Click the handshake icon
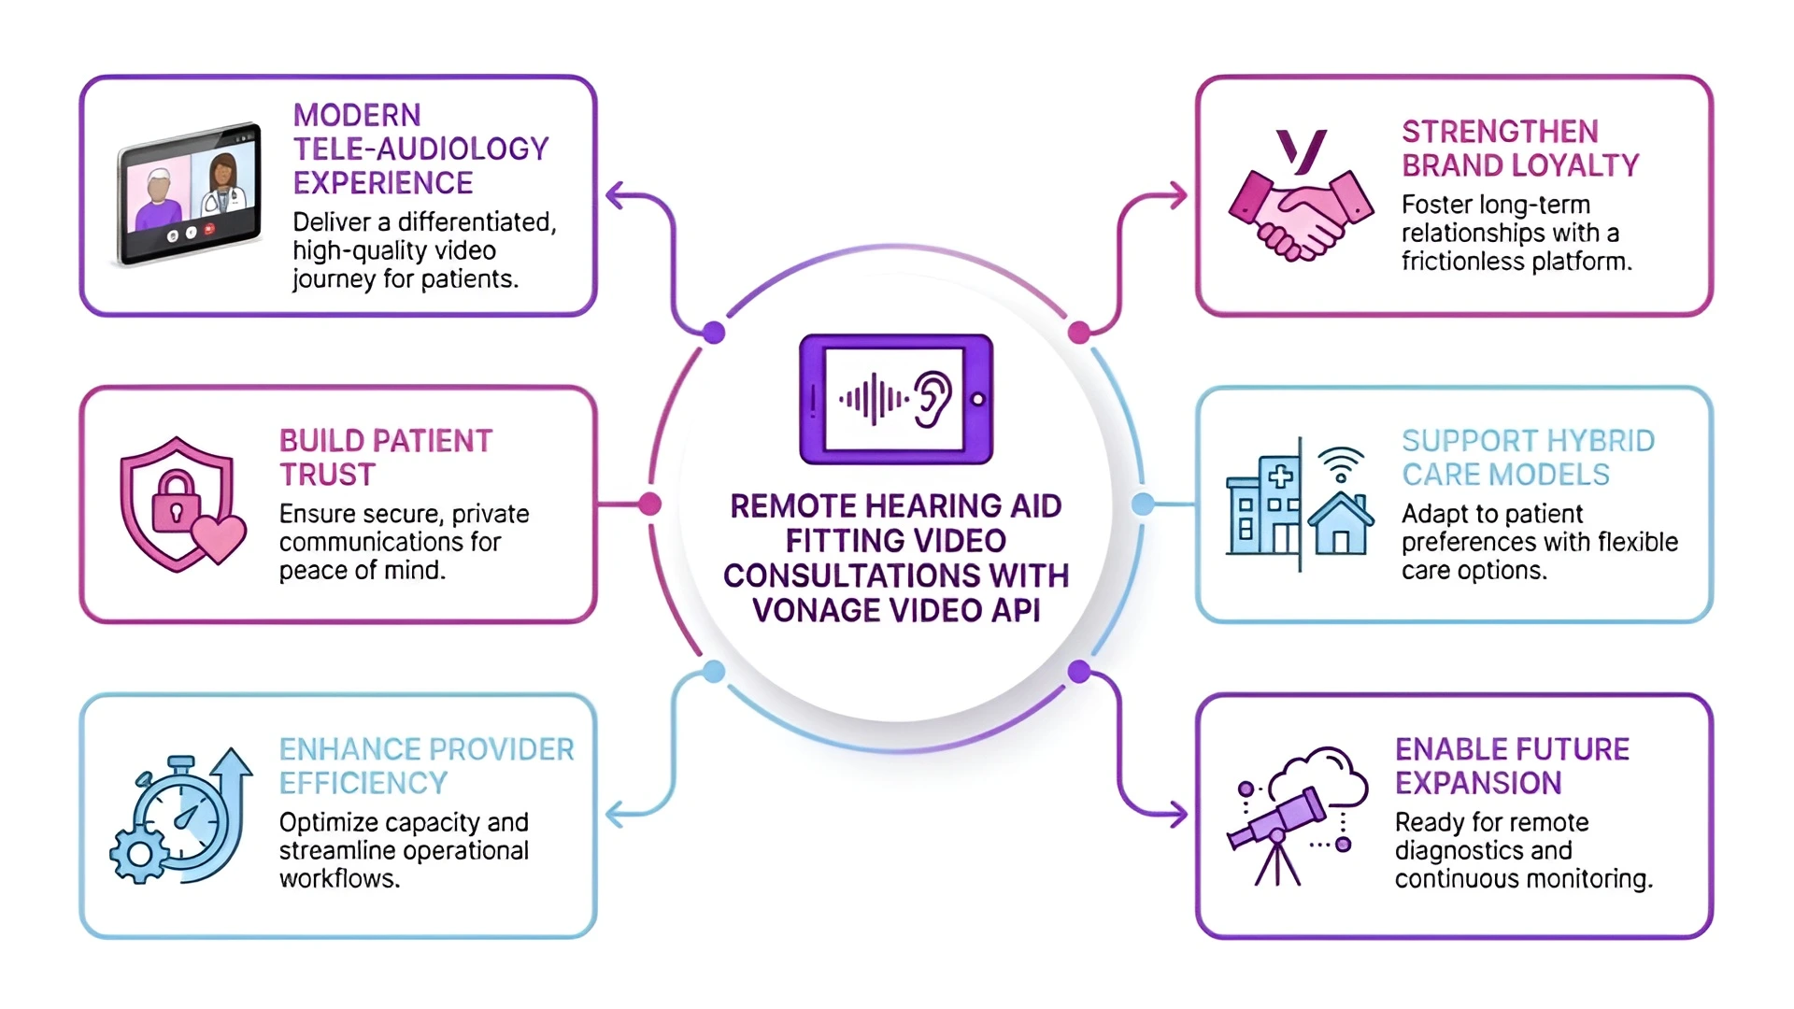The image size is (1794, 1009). tap(1301, 217)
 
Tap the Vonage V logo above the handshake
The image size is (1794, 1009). tap(1302, 151)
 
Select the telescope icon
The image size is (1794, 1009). tap(1277, 822)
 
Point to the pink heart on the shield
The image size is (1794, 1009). tap(219, 538)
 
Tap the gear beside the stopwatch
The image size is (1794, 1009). tap(139, 853)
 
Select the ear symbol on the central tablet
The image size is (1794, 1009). tap(933, 399)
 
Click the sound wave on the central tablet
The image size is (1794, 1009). tap(873, 400)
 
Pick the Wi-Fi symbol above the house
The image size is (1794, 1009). tap(1341, 463)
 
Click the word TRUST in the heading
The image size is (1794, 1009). tap(327, 475)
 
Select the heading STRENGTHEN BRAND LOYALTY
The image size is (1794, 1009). tap(1519, 149)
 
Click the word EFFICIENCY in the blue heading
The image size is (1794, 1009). tap(363, 783)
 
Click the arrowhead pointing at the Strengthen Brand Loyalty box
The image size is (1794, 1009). tap(1179, 196)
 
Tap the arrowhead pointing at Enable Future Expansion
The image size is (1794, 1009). tap(1179, 814)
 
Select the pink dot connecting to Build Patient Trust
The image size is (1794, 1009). tap(649, 504)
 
